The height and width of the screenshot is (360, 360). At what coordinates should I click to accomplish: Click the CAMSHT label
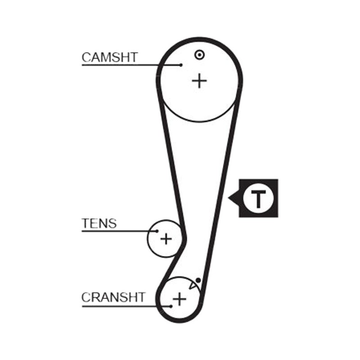pyautogui.click(x=110, y=58)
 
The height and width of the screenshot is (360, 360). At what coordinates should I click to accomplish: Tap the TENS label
pyautogui.click(x=99, y=223)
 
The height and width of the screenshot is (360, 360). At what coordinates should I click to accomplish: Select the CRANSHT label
pyautogui.click(x=113, y=297)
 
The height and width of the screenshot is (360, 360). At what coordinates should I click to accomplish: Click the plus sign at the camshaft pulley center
pyautogui.click(x=199, y=81)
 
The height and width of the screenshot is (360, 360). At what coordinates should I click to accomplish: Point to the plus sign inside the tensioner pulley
pyautogui.click(x=166, y=239)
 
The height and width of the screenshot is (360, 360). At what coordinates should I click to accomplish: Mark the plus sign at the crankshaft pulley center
pyautogui.click(x=179, y=299)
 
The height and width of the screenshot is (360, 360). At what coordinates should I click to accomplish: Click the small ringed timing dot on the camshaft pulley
pyautogui.click(x=199, y=55)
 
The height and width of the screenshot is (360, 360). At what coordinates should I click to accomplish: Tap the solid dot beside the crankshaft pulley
pyautogui.click(x=198, y=280)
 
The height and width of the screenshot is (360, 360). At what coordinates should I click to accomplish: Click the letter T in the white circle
pyautogui.click(x=258, y=198)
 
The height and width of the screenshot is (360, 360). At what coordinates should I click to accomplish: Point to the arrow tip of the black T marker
pyautogui.click(x=228, y=197)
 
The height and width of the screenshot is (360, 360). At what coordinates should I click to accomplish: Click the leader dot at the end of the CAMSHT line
pyautogui.click(x=181, y=65)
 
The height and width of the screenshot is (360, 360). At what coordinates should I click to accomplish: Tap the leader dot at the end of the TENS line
pyautogui.click(x=157, y=231)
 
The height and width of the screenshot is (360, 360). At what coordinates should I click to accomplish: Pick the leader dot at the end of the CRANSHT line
pyautogui.click(x=171, y=306)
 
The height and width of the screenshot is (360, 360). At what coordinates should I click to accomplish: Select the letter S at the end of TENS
pyautogui.click(x=112, y=223)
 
